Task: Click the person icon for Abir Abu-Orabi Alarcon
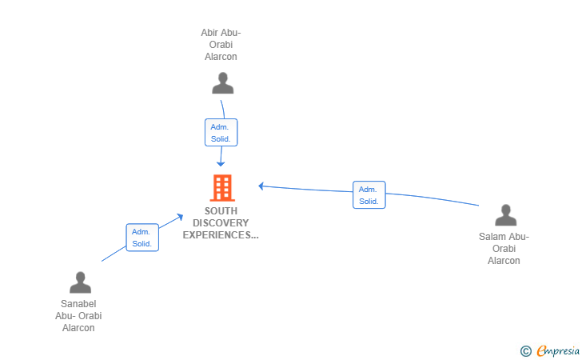(223, 83)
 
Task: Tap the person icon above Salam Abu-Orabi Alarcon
(505, 214)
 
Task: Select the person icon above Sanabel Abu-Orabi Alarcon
(80, 282)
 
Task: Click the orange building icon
(222, 188)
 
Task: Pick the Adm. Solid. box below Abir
(221, 133)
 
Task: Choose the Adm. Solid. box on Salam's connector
(369, 195)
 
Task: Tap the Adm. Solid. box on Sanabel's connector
(142, 238)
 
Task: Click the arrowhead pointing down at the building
(221, 164)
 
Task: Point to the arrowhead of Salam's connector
(261, 186)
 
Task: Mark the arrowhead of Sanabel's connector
(180, 217)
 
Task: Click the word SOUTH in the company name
(221, 211)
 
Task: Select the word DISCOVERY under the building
(221, 223)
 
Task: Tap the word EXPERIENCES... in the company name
(221, 235)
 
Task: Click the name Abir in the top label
(209, 33)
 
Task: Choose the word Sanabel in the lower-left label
(78, 304)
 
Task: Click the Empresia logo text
(558, 350)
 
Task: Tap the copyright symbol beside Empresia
(525, 351)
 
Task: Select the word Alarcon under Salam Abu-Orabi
(504, 261)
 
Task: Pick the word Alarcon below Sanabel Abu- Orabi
(78, 328)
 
